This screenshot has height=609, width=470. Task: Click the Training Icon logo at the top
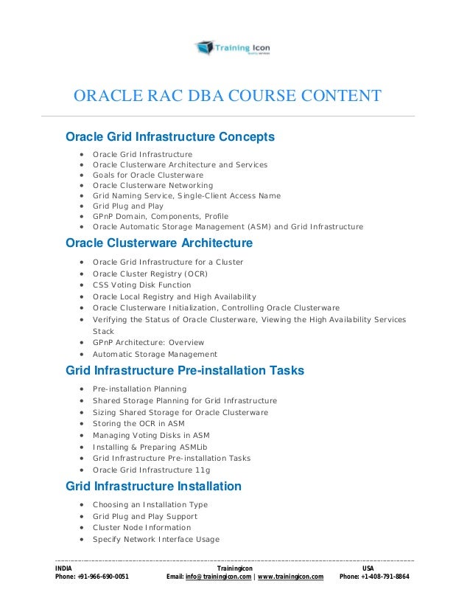(x=232, y=49)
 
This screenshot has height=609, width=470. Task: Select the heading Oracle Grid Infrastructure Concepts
(x=170, y=137)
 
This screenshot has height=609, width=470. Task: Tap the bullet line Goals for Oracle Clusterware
(x=147, y=175)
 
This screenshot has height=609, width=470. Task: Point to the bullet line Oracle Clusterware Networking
(x=152, y=186)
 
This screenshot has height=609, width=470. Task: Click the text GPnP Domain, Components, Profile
(x=160, y=217)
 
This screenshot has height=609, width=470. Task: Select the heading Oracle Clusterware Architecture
(x=159, y=243)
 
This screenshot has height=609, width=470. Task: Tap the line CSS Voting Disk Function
(x=141, y=285)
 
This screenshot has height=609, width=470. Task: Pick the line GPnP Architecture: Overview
(x=148, y=343)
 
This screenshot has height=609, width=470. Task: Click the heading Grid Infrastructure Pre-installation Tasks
(x=185, y=370)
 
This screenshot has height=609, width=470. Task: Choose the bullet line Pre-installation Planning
(x=139, y=389)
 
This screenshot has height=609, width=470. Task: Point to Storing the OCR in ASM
(x=138, y=424)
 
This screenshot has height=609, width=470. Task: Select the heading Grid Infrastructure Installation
(x=153, y=487)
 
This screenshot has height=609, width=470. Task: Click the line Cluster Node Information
(x=141, y=528)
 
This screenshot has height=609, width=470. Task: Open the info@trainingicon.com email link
(x=214, y=577)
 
